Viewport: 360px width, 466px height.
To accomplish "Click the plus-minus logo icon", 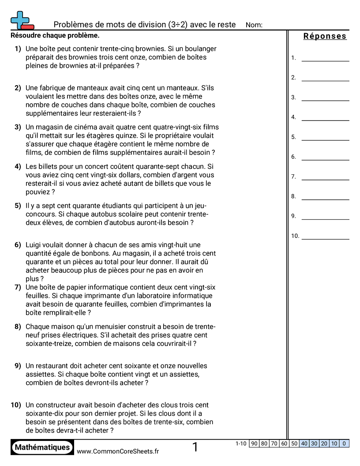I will coord(21,20).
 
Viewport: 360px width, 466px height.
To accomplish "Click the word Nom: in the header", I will coord(254,25).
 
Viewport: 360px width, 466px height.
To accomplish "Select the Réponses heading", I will coord(325,36).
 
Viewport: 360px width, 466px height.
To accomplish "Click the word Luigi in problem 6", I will coord(34,245).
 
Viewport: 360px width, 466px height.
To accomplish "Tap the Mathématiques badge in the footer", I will coord(42,447).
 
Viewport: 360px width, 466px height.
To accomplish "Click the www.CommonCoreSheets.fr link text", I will coord(118,451).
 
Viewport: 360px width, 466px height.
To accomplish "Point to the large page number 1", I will coord(195,447).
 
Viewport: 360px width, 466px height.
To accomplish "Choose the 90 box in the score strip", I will coord(254,444).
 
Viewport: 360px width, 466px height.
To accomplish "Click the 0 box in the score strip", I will coord(344,444).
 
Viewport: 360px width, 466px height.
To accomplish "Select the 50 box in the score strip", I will coord(294,444).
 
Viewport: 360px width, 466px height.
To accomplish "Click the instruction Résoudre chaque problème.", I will coord(55,35).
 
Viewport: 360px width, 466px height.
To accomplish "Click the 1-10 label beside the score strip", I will coord(241,444).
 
